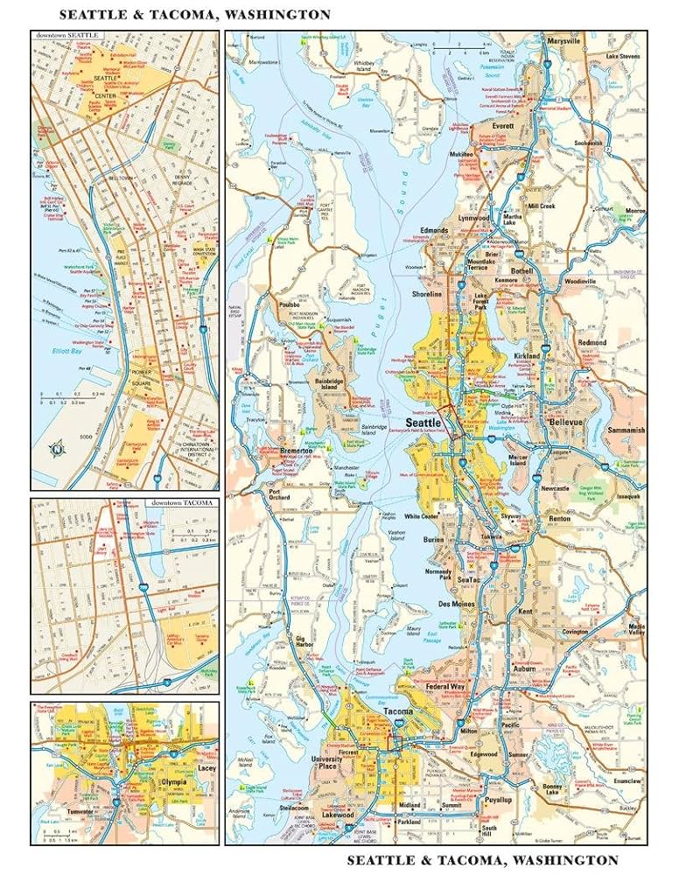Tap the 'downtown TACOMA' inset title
point(182,504)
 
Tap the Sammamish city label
point(625,430)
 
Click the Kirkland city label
point(527,359)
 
